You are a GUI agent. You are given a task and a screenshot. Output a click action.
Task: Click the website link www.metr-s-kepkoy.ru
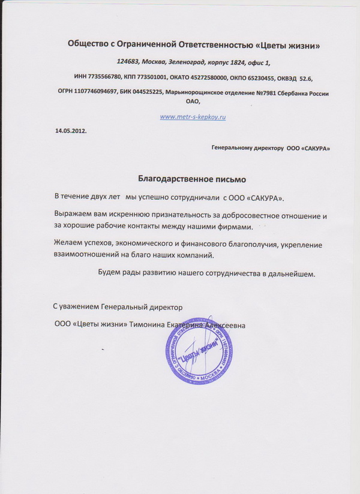coord(193,117)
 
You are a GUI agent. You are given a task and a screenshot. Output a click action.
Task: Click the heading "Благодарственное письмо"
coord(192,179)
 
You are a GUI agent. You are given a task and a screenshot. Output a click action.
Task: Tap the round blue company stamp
coord(199,352)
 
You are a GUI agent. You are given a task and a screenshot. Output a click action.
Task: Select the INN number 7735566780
coord(104,78)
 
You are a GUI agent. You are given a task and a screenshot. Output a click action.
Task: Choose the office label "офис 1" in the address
coord(260,62)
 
